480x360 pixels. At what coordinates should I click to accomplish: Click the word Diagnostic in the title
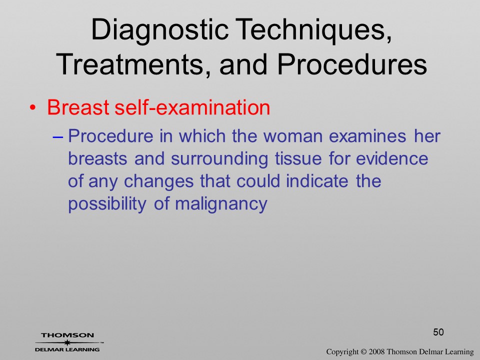coord(160,29)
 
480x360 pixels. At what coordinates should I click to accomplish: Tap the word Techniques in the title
coord(314,29)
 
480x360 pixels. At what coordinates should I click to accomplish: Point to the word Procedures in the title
coord(352,64)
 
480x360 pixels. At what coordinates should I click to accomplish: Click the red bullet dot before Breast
coord(33,108)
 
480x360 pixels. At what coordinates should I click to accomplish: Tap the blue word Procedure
coord(110,136)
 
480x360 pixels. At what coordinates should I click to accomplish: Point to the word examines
coord(367,136)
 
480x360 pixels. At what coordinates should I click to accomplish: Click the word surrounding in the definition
coord(219,159)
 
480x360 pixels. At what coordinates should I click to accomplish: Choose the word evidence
coord(392,158)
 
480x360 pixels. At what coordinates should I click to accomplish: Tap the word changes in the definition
coord(158,181)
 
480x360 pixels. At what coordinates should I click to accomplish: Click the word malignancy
coord(221,204)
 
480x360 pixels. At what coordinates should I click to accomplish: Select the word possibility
coord(107,204)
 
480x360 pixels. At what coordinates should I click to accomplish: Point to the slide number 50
coord(438,332)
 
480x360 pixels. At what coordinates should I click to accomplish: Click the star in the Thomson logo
coord(67,342)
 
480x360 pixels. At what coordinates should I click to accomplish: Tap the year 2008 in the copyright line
coord(376,352)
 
